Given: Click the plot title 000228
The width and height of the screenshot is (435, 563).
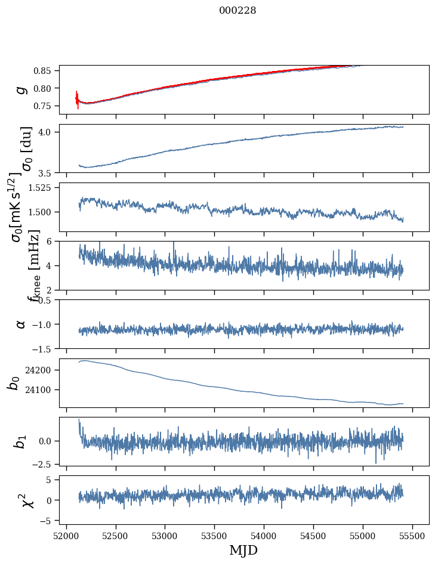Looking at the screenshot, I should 237,10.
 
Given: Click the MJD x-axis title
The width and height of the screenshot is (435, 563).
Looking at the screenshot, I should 243,550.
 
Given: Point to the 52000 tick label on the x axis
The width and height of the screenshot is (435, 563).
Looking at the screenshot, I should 66,534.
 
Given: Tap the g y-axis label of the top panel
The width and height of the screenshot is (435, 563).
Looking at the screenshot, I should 21,89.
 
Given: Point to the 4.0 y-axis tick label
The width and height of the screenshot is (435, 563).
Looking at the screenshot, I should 49,132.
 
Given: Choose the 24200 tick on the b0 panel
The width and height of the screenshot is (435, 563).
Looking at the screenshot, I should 42,370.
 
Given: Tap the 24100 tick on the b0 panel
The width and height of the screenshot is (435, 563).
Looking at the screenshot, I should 42,390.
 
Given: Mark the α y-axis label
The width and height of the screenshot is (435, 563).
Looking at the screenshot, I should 21,324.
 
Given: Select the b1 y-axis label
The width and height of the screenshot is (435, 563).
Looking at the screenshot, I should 21,441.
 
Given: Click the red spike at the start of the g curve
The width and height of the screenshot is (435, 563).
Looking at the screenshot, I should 78,100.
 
